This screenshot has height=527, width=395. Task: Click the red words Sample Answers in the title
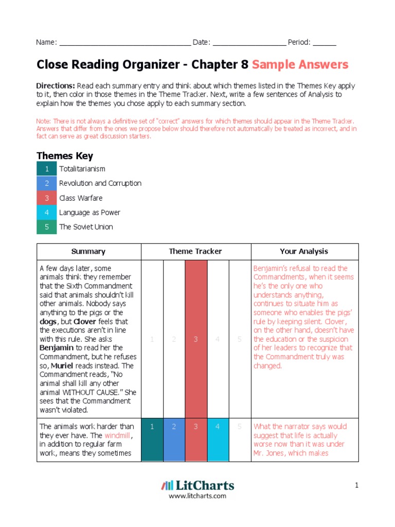pos(300,65)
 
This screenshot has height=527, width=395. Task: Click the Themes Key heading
pos(65,156)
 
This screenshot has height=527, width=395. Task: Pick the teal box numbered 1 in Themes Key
pos(47,169)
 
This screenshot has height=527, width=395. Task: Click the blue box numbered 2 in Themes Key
pos(47,183)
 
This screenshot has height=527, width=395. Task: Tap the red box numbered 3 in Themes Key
pos(47,198)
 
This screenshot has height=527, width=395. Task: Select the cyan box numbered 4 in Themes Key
pos(47,213)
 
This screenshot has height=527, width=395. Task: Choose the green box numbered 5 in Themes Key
pos(47,227)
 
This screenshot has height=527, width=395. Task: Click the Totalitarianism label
pos(82,169)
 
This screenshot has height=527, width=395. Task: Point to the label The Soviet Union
pos(86,227)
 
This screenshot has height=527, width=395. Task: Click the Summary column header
pos(88,252)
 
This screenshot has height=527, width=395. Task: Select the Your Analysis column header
pos(303,252)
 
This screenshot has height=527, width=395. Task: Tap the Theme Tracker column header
pos(195,252)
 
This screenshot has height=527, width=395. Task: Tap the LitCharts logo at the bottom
pos(197,485)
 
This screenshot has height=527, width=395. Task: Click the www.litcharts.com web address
pos(197,496)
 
